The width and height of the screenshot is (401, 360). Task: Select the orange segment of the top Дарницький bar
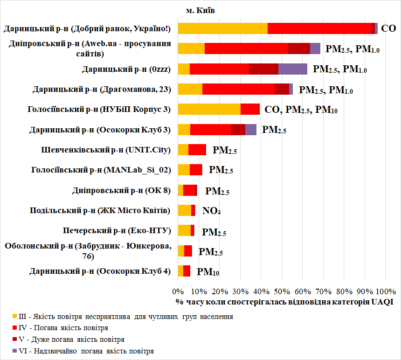223,28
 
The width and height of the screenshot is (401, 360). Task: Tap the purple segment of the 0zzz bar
293,69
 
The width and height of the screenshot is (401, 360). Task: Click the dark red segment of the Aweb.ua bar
299,48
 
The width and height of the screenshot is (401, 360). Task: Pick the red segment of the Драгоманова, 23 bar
238,89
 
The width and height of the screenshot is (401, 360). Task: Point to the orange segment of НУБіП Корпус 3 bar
209,109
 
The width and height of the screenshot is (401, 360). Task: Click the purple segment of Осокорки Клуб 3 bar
251,130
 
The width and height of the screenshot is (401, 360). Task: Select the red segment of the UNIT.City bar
197,150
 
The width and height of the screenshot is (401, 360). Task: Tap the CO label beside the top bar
388,28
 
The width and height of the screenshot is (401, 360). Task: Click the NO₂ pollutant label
211,211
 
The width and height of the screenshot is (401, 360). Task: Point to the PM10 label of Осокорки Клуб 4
208,271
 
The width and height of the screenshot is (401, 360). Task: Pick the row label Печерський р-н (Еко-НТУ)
117,231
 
